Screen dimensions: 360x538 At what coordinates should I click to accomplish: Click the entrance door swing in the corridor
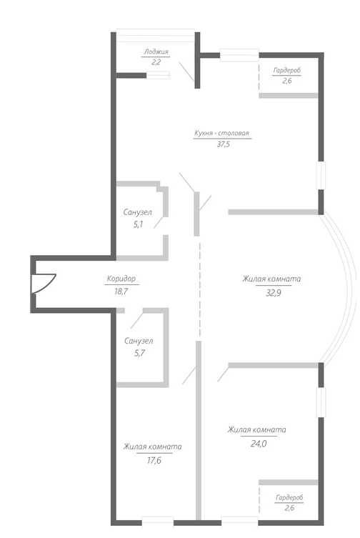[x=44, y=283]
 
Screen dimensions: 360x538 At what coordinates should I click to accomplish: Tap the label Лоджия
[x=156, y=52]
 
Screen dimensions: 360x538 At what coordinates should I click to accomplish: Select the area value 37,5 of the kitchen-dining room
[x=223, y=144]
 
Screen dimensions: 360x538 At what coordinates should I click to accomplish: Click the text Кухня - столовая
[x=221, y=133]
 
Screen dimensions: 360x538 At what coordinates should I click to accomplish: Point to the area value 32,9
[x=274, y=293]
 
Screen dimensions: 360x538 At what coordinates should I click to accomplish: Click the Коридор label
[x=121, y=279]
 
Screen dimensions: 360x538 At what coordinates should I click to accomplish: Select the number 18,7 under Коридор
[x=121, y=292]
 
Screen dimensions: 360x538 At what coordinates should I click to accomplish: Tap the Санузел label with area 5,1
[x=138, y=212]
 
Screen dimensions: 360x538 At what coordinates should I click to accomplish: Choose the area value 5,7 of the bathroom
[x=140, y=353]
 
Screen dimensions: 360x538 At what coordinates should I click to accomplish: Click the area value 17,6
[x=154, y=460]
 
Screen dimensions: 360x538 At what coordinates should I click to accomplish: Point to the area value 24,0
[x=259, y=444]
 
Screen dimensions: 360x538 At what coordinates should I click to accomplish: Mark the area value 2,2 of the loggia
[x=156, y=62]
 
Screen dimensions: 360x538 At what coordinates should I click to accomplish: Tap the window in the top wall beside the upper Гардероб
[x=239, y=55]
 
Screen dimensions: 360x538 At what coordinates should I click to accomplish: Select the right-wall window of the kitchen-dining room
[x=321, y=175]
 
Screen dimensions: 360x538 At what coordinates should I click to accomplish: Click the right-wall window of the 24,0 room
[x=321, y=403]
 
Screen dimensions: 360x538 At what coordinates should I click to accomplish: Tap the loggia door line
[x=187, y=71]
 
